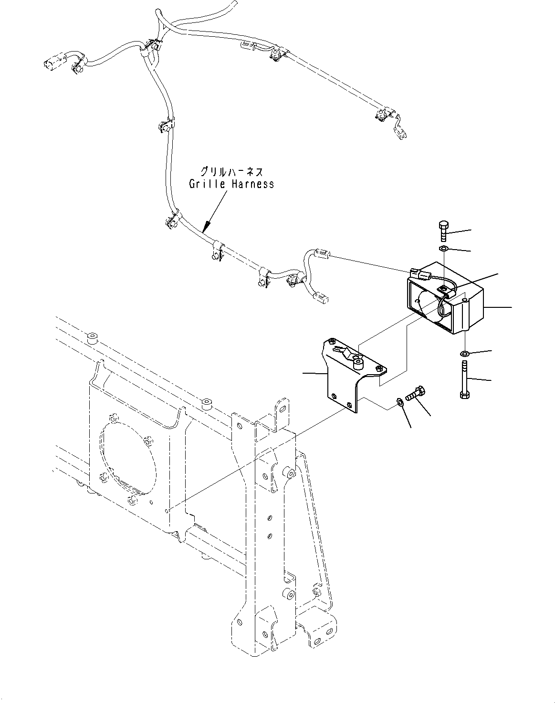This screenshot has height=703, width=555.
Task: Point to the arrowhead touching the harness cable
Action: [x=207, y=227]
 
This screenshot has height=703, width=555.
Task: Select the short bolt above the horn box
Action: [x=442, y=231]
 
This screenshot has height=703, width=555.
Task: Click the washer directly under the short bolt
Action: [x=443, y=249]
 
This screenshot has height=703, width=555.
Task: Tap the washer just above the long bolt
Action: [x=464, y=354]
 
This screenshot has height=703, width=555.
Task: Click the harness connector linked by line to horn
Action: [x=322, y=254]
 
